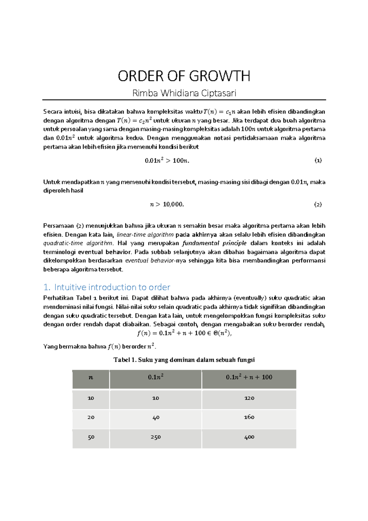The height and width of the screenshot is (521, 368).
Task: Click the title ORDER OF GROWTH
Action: point(184,76)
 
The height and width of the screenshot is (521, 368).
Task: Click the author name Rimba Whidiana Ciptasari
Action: point(184,93)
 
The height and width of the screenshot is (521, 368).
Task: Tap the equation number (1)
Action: point(318,160)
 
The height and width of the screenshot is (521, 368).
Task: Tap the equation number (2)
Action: point(318,204)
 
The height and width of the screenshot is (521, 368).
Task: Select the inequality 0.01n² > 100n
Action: point(167,160)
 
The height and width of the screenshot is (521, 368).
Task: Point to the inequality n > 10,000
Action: point(167,204)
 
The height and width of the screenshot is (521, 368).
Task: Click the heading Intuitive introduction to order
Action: point(112,287)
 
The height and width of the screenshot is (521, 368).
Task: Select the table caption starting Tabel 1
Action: point(184,360)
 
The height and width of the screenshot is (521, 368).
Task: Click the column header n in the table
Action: point(91,377)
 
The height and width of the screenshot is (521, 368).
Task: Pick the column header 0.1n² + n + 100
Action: point(249,377)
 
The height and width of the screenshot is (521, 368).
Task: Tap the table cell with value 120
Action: point(249,398)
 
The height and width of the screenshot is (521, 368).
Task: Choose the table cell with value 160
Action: point(249,417)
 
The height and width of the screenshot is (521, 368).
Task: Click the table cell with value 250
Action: point(155,437)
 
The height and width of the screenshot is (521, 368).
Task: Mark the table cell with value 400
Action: point(249,437)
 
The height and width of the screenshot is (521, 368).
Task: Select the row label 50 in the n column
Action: point(91,437)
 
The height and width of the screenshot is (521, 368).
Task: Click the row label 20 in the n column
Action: point(91,417)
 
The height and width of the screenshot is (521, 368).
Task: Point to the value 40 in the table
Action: point(155,417)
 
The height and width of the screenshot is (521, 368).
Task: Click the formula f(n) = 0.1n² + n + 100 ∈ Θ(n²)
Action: point(184,333)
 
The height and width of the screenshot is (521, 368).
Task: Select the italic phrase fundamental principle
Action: point(214,243)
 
